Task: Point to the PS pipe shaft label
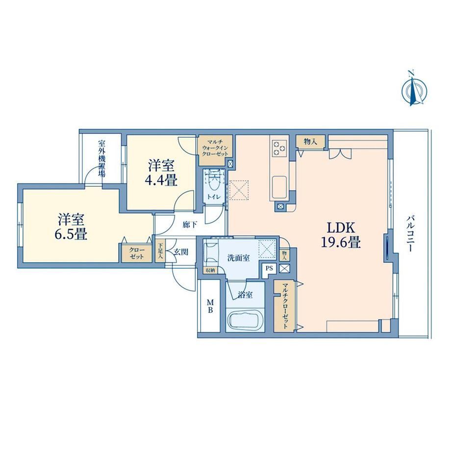(269, 269)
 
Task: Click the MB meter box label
(211, 306)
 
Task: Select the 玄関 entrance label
(181, 252)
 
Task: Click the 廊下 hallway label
(190, 225)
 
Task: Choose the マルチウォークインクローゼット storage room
(216, 150)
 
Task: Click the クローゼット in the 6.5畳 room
(137, 253)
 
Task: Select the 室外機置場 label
(101, 158)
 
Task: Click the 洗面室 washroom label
(238, 258)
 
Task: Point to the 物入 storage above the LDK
(311, 141)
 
